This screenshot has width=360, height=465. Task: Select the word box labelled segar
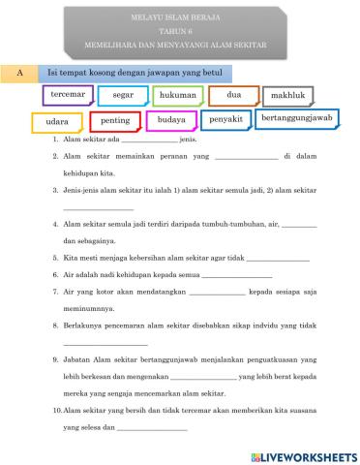click(122, 96)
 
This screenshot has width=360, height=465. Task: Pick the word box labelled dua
click(233, 96)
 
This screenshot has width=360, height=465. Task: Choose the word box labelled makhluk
click(287, 97)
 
